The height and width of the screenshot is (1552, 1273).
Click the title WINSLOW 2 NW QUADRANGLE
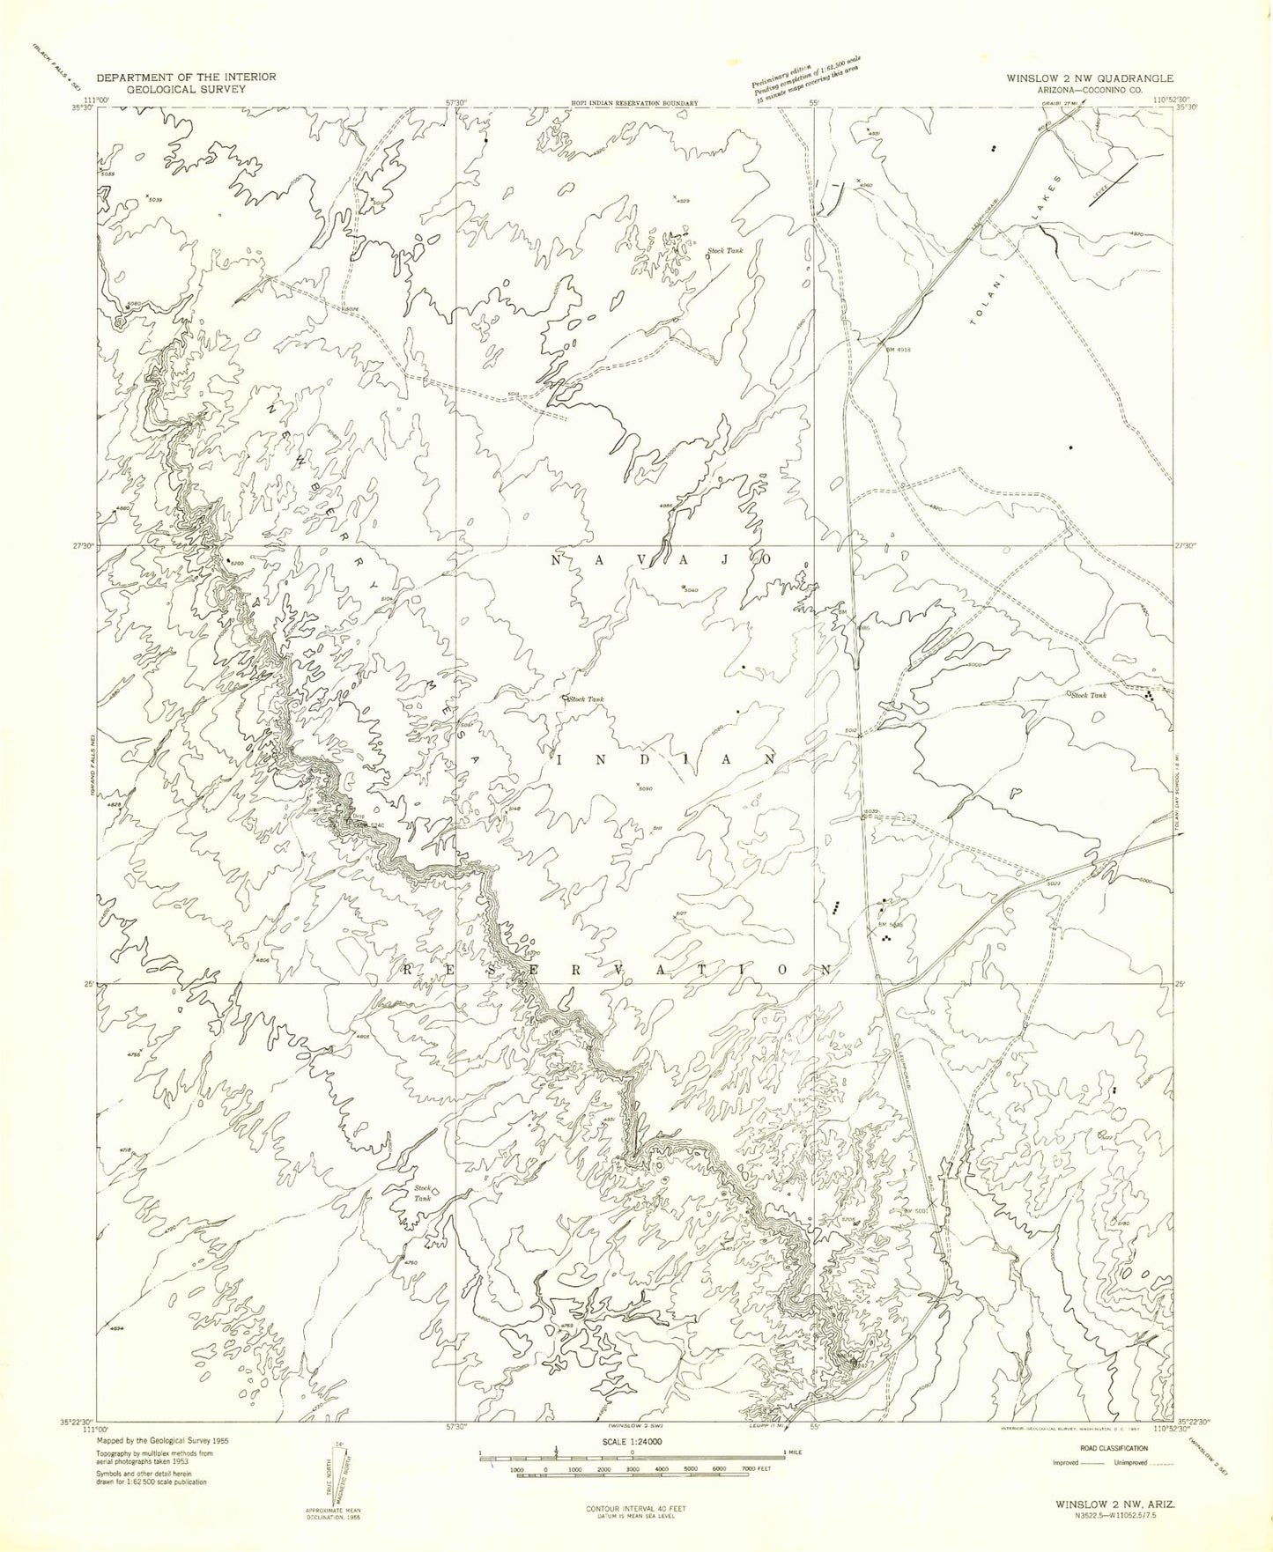pos(1090,78)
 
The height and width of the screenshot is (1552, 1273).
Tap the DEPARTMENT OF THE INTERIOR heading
pos(185,77)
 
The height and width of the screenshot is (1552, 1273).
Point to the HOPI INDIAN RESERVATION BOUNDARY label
pos(634,103)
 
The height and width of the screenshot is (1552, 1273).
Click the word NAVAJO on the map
pos(662,560)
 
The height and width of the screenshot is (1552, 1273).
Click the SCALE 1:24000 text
pos(636,1442)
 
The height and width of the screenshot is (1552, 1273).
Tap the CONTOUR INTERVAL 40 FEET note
pos(635,1509)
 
